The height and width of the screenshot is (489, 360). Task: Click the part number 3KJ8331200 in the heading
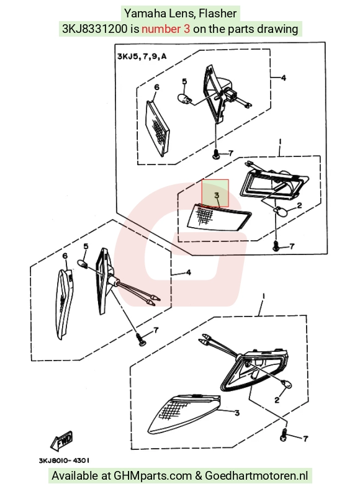[x=95, y=29]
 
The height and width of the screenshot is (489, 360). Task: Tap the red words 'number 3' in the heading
[x=166, y=29]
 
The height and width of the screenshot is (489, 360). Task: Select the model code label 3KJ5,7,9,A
[x=142, y=56]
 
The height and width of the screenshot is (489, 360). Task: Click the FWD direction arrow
[x=61, y=441]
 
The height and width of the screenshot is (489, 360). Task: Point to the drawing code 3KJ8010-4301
[x=65, y=460]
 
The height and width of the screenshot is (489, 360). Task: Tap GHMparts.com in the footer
[x=153, y=475]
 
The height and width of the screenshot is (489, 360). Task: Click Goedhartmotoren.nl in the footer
[x=256, y=475]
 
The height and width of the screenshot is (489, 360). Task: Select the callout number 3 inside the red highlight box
[x=217, y=195]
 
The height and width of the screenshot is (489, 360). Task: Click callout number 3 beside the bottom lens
[x=237, y=413]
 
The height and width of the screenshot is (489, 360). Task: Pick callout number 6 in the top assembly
[x=156, y=87]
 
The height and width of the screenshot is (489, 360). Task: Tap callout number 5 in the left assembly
[x=86, y=246]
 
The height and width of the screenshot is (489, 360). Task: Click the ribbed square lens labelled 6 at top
[x=158, y=127]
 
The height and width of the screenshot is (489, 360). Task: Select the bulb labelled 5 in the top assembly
[x=184, y=98]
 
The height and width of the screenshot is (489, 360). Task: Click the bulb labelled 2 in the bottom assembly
[x=287, y=384]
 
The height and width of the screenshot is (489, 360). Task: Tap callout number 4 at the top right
[x=283, y=78]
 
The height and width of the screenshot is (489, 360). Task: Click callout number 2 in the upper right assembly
[x=299, y=205]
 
